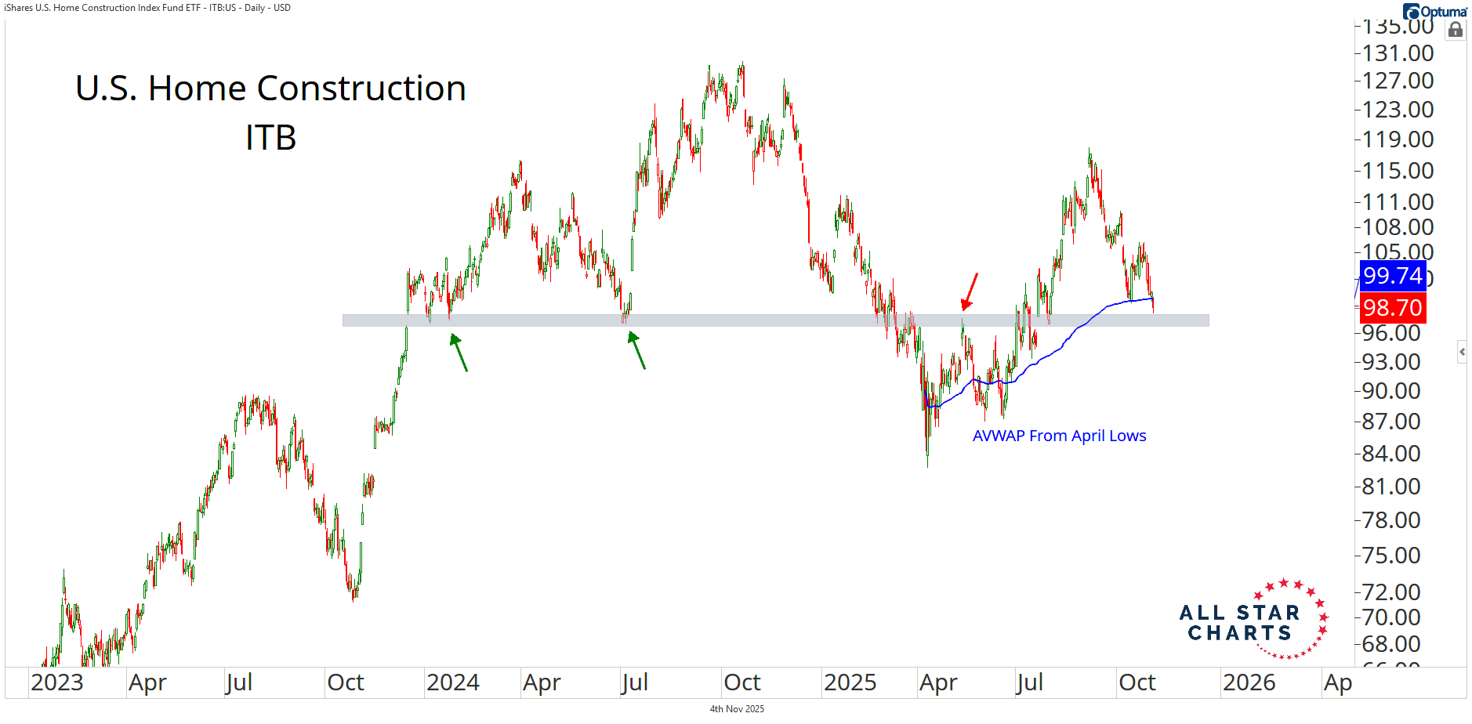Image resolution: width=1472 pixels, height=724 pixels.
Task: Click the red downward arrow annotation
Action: click(x=970, y=291)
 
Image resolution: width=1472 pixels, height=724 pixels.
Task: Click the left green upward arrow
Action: click(x=459, y=352)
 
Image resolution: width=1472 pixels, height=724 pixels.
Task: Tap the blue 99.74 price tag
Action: click(x=1392, y=276)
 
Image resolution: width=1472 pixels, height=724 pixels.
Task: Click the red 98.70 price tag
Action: click(x=1392, y=308)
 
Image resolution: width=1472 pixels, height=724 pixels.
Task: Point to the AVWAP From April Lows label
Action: click(x=1059, y=436)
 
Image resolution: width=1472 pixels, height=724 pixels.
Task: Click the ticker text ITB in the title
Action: click(x=270, y=138)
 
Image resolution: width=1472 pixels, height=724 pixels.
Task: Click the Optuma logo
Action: click(x=1434, y=11)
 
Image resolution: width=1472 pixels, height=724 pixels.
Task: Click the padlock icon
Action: click(x=1456, y=30)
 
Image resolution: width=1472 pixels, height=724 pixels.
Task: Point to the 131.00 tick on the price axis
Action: click(x=1398, y=53)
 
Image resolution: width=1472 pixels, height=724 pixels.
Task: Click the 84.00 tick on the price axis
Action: click(x=1392, y=454)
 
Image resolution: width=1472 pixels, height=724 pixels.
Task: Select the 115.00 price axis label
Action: click(x=1398, y=171)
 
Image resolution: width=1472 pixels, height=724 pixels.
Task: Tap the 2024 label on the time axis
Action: click(x=453, y=682)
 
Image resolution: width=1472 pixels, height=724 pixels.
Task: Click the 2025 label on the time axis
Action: click(x=850, y=682)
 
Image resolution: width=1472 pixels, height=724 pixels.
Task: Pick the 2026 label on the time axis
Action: click(x=1249, y=682)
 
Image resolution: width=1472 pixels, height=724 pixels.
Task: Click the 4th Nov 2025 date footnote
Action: click(x=737, y=709)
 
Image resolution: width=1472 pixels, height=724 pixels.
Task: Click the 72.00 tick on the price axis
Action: click(x=1392, y=592)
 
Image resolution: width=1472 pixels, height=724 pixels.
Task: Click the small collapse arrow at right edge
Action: click(x=1462, y=352)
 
